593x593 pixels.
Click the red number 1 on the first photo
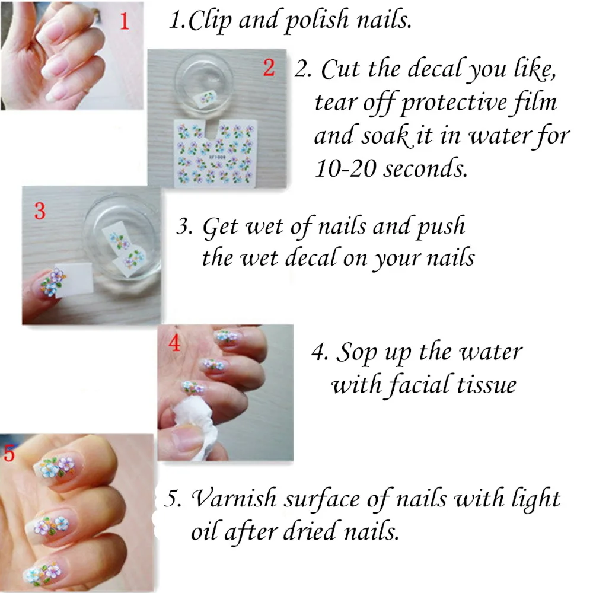tap(125, 21)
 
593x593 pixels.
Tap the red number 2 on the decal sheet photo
tap(269, 68)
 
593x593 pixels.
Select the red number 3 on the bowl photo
tap(40, 211)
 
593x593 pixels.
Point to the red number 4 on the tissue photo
tap(174, 343)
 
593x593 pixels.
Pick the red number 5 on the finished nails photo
tap(9, 452)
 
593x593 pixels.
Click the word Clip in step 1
tap(209, 20)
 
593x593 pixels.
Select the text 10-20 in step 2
tap(345, 168)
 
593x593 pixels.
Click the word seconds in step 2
tap(425, 168)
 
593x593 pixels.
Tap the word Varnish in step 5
tap(234, 498)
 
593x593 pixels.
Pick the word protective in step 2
tap(453, 103)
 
